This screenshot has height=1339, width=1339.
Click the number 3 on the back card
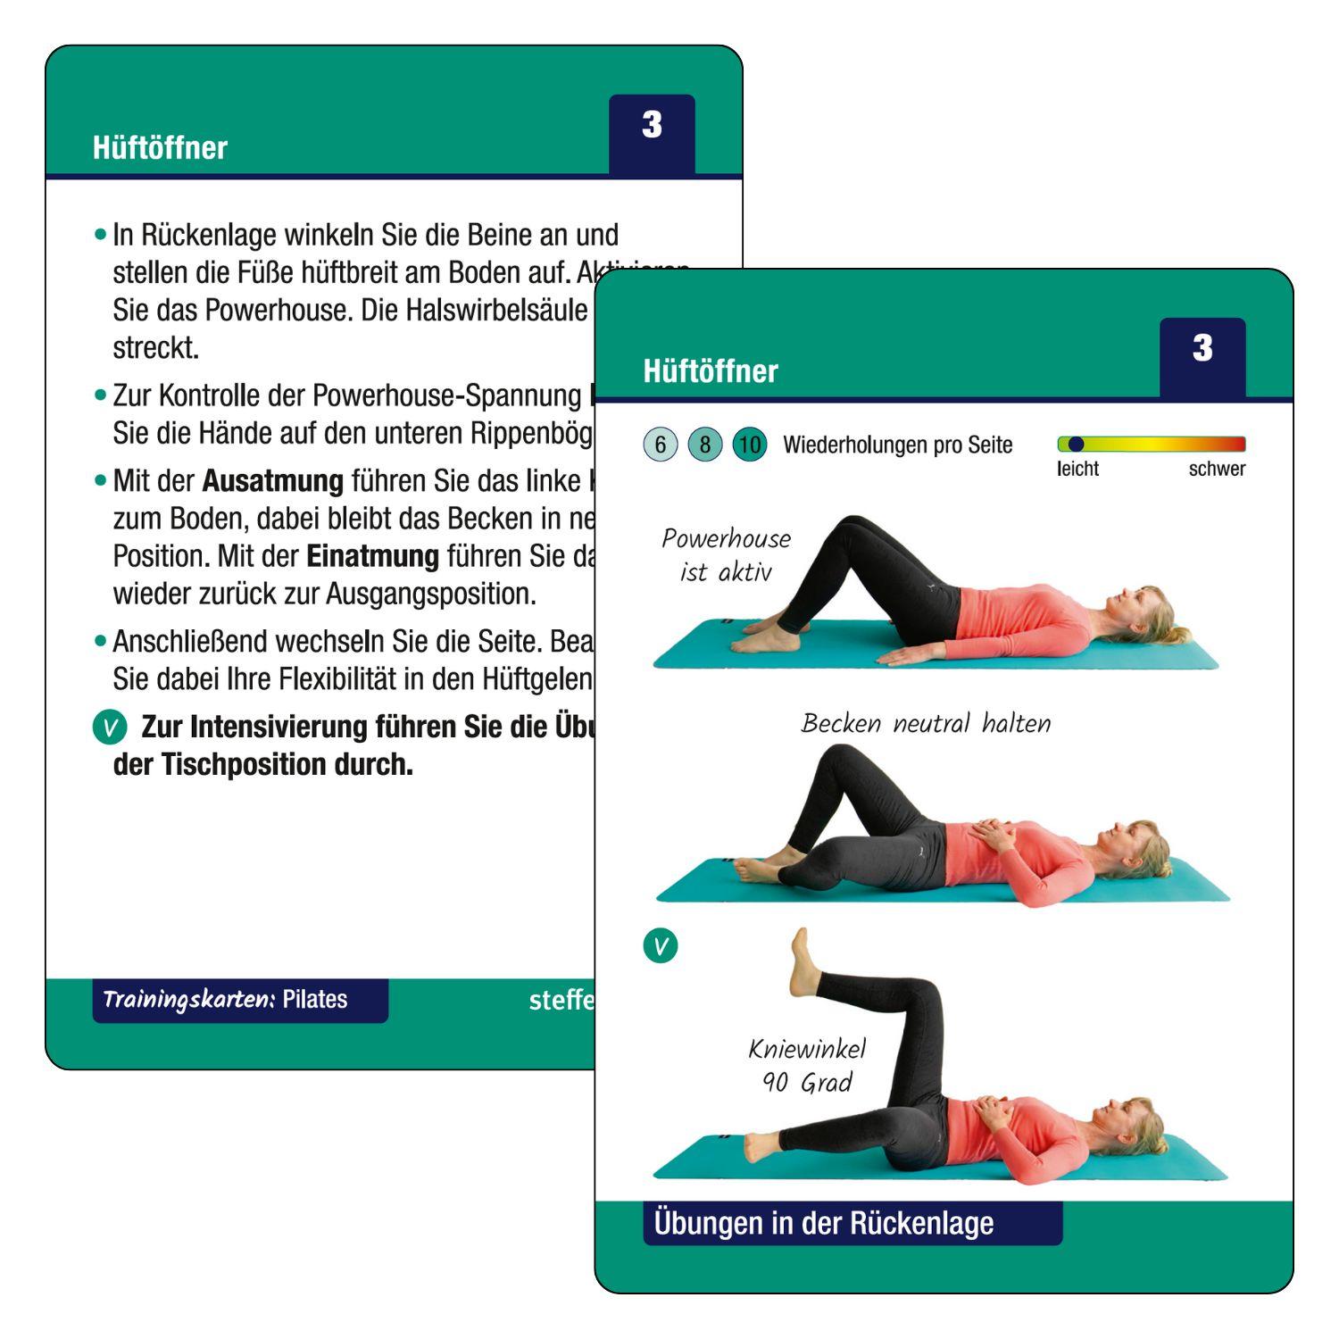pyautogui.click(x=652, y=125)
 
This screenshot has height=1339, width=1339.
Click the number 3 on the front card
pyautogui.click(x=1202, y=348)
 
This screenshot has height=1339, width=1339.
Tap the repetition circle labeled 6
pyautogui.click(x=661, y=445)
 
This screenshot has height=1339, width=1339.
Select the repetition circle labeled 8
pyautogui.click(x=705, y=445)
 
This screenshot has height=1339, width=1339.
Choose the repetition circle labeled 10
pyautogui.click(x=750, y=445)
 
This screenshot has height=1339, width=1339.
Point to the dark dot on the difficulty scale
pyautogui.click(x=1076, y=444)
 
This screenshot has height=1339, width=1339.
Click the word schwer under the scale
pyautogui.click(x=1216, y=469)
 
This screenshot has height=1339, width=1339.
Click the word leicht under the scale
pyautogui.click(x=1077, y=469)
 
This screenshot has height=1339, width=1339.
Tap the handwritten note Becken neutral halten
pyautogui.click(x=926, y=723)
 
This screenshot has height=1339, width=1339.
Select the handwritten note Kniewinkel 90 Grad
pyautogui.click(x=807, y=1066)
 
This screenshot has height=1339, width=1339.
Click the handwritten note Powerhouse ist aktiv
pyautogui.click(x=726, y=554)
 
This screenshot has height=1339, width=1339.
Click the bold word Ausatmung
pyautogui.click(x=272, y=481)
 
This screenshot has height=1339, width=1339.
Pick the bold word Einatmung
pyautogui.click(x=372, y=556)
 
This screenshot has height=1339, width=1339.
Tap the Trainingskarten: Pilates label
pyautogui.click(x=225, y=1000)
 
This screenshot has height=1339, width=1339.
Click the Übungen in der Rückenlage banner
pyautogui.click(x=823, y=1223)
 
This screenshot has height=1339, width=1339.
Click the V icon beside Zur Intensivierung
pyautogui.click(x=110, y=728)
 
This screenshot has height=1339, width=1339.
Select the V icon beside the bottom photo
pyautogui.click(x=661, y=945)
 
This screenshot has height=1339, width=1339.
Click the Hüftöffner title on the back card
pyautogui.click(x=160, y=147)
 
